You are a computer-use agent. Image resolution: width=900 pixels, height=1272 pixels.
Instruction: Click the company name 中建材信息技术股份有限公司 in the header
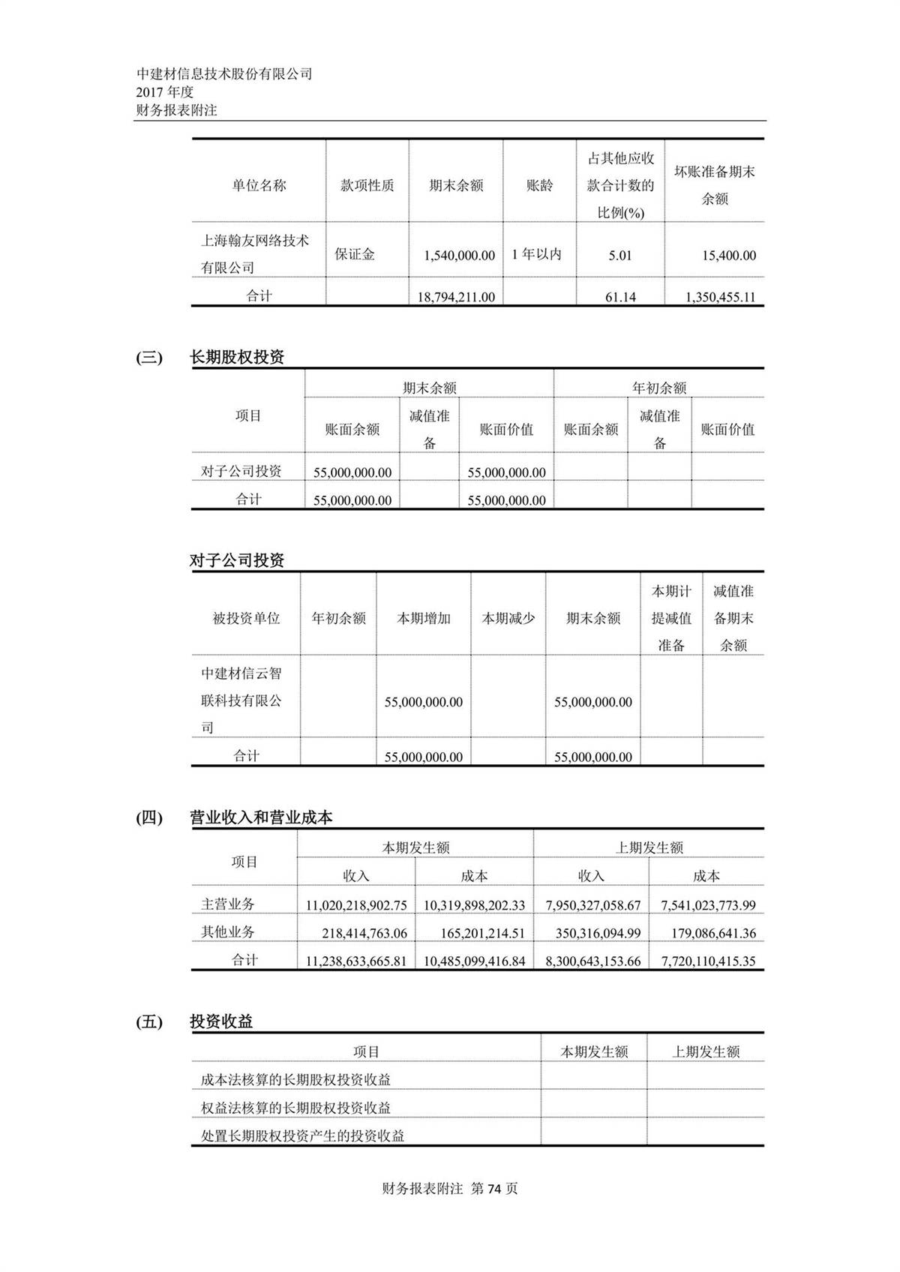click(x=224, y=73)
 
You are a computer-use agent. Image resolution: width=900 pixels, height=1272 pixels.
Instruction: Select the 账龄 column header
click(x=539, y=185)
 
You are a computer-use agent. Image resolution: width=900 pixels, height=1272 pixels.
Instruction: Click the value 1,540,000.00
click(x=459, y=256)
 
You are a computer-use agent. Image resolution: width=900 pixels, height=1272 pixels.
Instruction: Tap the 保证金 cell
click(x=355, y=254)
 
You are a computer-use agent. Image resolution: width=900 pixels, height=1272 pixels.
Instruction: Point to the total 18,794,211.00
click(x=456, y=297)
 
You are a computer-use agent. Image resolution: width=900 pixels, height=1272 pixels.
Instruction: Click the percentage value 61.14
click(x=620, y=297)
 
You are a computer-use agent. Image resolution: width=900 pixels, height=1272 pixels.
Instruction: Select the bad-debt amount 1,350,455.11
click(x=720, y=297)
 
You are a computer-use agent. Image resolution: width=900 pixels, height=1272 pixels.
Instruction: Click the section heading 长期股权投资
click(x=237, y=357)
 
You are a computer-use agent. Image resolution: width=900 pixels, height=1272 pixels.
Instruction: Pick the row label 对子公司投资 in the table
click(x=241, y=471)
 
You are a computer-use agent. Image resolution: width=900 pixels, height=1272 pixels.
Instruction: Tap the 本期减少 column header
click(x=508, y=619)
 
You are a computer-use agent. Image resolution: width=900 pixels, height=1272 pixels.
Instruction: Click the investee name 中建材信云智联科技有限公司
click(x=241, y=700)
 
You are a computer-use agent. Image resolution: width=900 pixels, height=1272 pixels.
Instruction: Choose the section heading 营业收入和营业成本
click(x=261, y=817)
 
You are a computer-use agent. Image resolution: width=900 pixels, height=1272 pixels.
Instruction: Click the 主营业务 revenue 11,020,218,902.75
click(x=356, y=905)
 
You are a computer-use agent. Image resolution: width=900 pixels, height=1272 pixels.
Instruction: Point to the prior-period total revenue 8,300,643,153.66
click(x=592, y=961)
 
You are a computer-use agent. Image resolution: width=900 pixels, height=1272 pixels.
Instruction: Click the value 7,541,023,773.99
click(x=708, y=905)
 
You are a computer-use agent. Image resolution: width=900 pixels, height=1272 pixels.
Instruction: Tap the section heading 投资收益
click(x=221, y=1021)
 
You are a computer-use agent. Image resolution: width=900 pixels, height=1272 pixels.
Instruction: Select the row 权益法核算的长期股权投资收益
click(x=296, y=1108)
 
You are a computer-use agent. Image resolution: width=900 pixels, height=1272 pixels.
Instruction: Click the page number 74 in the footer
click(x=493, y=1189)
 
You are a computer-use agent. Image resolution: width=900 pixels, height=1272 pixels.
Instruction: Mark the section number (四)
click(x=149, y=817)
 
